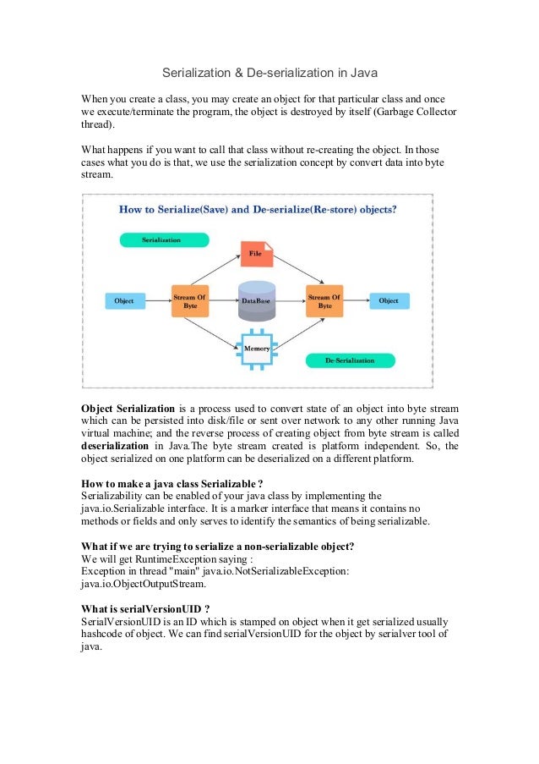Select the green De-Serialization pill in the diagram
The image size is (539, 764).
pos(351,360)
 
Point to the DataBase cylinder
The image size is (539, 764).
pos(257,300)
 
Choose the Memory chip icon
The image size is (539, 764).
pos(257,349)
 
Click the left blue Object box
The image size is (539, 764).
pos(124,300)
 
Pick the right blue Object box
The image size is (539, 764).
pos(389,300)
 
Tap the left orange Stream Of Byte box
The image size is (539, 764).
pos(189,300)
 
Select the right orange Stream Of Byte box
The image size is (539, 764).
pos(324,300)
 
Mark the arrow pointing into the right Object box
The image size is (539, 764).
pos(357,300)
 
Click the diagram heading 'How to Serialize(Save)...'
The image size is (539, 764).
pos(258,208)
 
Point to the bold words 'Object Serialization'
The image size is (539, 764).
pos(128,409)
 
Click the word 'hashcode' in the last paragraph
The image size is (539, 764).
pos(103,633)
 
